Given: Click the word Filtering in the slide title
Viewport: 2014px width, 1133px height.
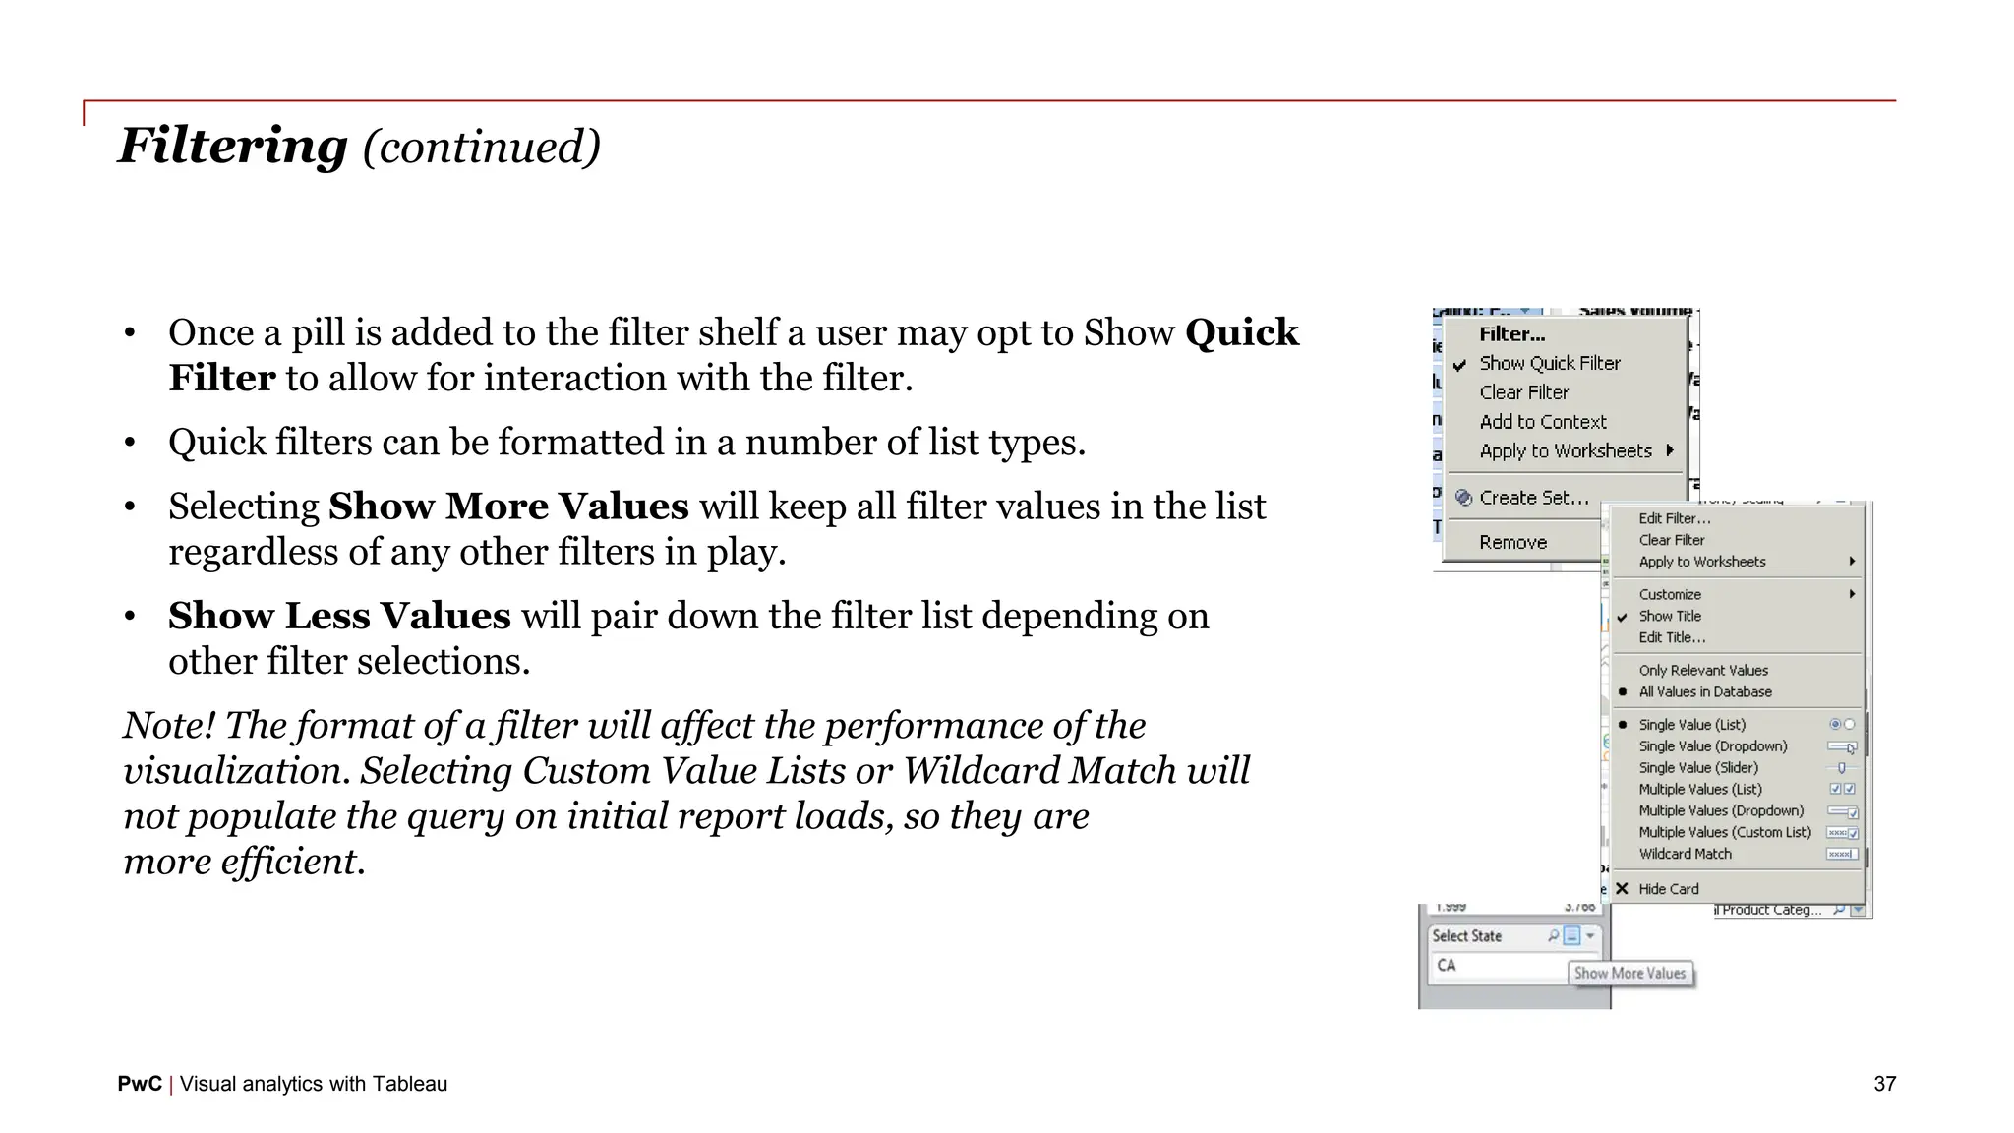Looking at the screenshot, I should click(x=233, y=146).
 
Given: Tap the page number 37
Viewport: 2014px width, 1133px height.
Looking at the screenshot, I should click(x=1884, y=1084).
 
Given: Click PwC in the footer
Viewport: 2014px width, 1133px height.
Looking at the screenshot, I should click(x=140, y=1084).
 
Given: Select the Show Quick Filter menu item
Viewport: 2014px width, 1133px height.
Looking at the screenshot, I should click(x=1550, y=363).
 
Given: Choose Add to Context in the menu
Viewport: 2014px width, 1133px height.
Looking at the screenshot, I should click(x=1543, y=422).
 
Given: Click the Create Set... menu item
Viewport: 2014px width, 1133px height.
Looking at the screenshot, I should click(x=1534, y=498).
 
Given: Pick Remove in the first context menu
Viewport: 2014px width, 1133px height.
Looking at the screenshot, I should click(x=1513, y=542).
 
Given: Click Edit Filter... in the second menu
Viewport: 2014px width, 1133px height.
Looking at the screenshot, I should click(x=1675, y=518).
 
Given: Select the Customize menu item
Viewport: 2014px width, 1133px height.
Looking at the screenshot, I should click(x=1670, y=594).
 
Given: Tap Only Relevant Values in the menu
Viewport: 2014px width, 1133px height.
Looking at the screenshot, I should click(x=1703, y=670).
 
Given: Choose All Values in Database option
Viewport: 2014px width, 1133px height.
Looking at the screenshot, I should click(x=1705, y=691).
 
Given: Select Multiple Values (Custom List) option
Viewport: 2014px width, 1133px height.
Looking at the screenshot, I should click(x=1725, y=832).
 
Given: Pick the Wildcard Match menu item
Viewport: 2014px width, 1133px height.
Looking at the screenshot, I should click(x=1686, y=854).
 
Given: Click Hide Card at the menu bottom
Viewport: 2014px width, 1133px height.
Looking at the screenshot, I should click(x=1669, y=889).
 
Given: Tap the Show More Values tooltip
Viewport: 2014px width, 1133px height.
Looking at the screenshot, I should click(x=1629, y=973).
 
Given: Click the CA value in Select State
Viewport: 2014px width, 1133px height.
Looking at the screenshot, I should click(x=1447, y=965).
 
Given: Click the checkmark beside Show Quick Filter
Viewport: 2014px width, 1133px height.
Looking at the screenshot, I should click(x=1460, y=364).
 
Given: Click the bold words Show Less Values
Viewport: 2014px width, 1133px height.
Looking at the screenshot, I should click(x=339, y=616).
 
